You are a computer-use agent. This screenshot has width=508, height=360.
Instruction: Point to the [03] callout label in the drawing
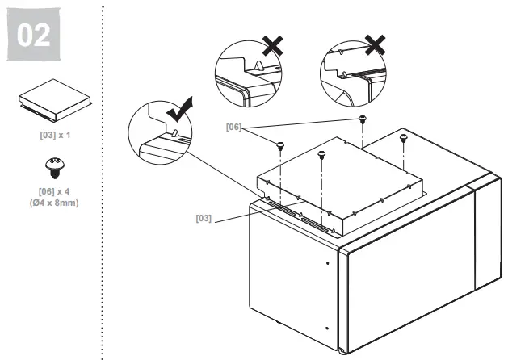click(205, 217)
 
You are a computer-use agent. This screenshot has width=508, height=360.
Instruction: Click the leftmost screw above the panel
click(280, 146)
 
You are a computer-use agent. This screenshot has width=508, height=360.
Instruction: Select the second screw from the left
click(321, 155)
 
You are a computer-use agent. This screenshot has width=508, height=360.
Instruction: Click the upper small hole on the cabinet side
click(327, 263)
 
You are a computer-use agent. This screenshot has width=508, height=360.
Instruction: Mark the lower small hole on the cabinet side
click(327, 329)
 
